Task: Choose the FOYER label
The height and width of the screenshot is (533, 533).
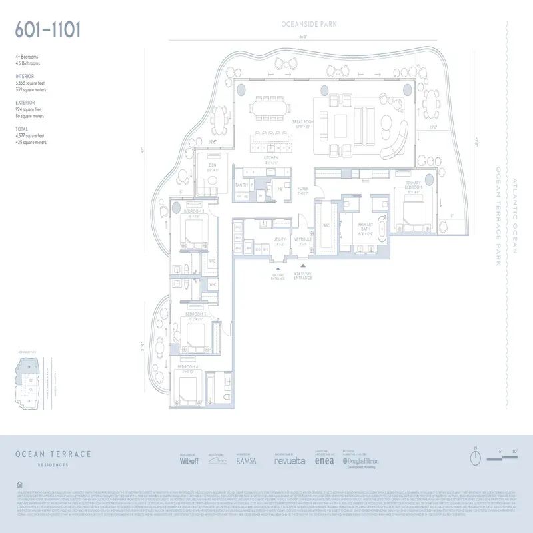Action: [x=303, y=189]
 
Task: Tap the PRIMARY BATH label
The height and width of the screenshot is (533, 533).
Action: [x=366, y=225]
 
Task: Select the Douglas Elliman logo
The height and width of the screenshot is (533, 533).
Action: [x=361, y=460]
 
